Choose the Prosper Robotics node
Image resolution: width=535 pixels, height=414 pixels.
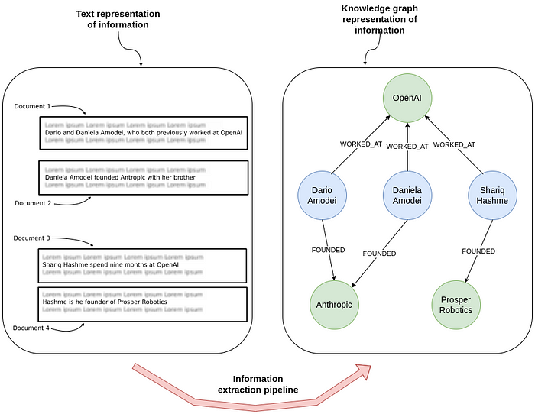tap(456, 304)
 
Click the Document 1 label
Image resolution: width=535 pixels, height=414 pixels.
tap(32, 106)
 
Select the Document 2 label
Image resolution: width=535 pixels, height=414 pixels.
tap(32, 202)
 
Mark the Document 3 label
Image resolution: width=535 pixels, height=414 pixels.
tap(32, 238)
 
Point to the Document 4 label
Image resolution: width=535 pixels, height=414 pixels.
tap(32, 328)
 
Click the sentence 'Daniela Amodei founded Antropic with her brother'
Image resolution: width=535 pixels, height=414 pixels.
tap(120, 177)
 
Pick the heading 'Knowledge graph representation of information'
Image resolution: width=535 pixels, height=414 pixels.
tap(380, 19)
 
